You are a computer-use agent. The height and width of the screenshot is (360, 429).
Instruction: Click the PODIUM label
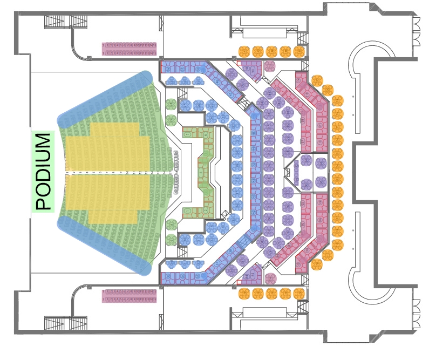44,172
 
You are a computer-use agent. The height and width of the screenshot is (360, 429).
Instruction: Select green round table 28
171,105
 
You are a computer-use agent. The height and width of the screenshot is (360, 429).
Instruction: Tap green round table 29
171,120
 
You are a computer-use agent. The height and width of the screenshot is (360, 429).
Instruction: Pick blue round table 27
186,106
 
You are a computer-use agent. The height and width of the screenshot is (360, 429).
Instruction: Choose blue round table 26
199,106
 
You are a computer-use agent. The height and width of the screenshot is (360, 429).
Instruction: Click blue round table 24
212,117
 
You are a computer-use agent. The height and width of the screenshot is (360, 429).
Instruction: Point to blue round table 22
234,125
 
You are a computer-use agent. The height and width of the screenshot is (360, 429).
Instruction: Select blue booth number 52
168,69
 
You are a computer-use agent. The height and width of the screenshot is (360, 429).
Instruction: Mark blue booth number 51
182,69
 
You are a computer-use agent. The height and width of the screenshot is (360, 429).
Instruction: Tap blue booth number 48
216,81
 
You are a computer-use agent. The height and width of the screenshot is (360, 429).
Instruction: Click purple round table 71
231,74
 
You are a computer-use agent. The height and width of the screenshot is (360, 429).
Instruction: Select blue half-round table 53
171,82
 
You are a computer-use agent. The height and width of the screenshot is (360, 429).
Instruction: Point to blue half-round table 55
198,82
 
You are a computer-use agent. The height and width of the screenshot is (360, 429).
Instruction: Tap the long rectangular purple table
130,45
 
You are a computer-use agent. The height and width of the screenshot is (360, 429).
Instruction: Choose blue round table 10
185,240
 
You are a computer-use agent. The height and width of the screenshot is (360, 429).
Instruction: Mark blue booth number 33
168,276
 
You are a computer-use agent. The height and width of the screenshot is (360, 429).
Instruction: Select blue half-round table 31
185,263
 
